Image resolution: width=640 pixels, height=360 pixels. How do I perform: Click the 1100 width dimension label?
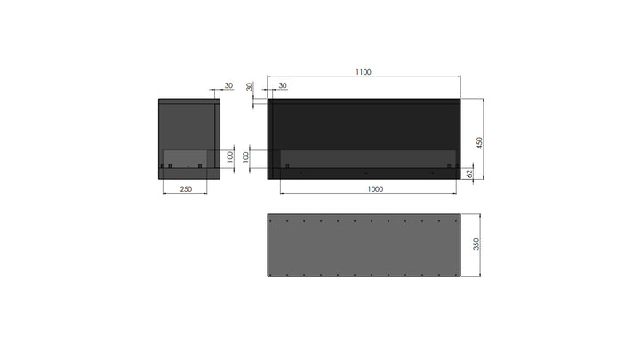coord(364,72)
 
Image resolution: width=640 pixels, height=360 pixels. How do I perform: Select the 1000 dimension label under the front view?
coord(375,189)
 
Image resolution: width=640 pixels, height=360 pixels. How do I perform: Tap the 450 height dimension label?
coord(479,143)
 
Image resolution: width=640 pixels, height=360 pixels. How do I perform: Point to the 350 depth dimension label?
coord(476,244)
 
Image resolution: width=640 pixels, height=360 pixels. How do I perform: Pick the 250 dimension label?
coord(186,189)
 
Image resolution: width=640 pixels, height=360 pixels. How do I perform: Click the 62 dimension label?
coord(469,173)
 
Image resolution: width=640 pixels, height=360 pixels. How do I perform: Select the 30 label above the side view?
coord(228,85)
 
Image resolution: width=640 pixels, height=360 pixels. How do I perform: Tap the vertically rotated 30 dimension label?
coord(250,86)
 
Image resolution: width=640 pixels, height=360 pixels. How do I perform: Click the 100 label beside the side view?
coord(229,157)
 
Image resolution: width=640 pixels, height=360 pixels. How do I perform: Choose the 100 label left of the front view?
coord(245,157)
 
